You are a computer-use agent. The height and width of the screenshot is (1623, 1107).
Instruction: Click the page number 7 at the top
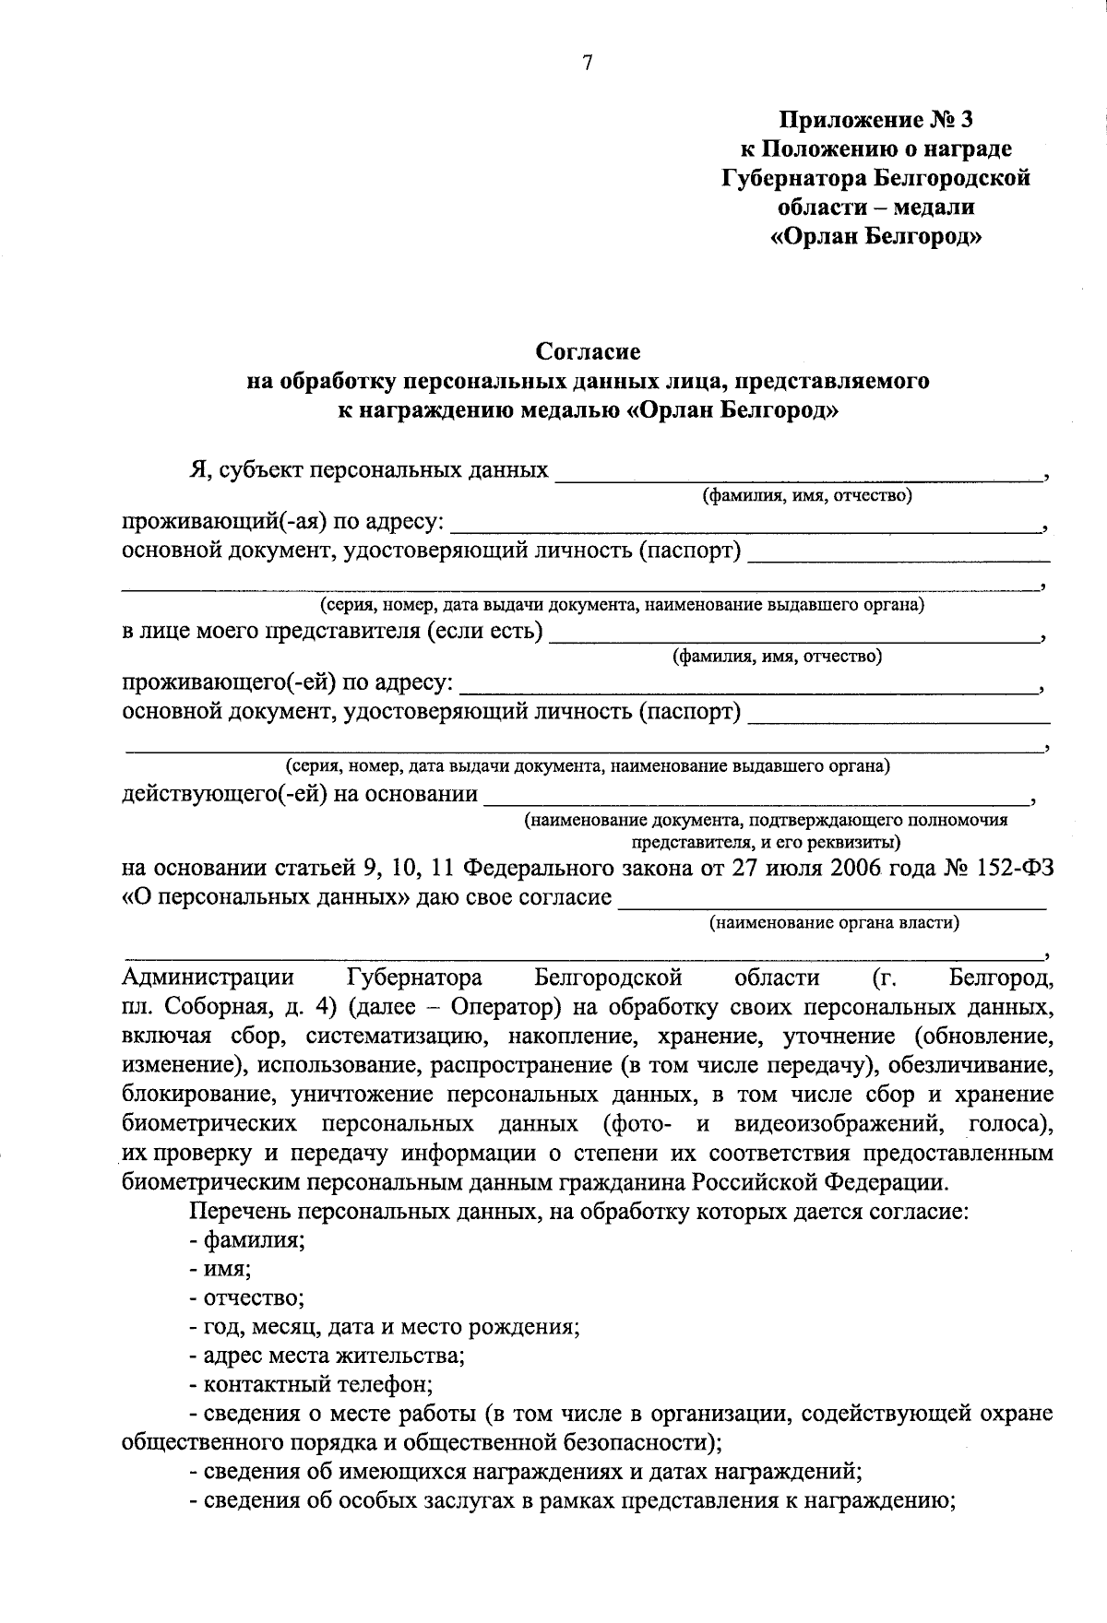tap(588, 63)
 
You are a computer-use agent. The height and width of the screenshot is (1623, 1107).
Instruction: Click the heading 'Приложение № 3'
tap(875, 120)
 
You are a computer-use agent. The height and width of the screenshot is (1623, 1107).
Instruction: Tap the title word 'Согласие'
tap(588, 351)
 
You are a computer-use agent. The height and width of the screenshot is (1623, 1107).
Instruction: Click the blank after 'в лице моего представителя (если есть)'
tap(792, 634)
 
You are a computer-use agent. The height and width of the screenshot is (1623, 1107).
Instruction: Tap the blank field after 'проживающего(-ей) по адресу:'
tap(747, 685)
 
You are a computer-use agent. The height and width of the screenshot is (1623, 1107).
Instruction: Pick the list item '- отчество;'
tap(246, 1298)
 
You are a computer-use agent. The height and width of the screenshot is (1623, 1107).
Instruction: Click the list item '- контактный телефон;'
tap(311, 1385)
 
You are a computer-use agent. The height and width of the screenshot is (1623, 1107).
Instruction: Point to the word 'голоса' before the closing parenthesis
tap(1006, 1124)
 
